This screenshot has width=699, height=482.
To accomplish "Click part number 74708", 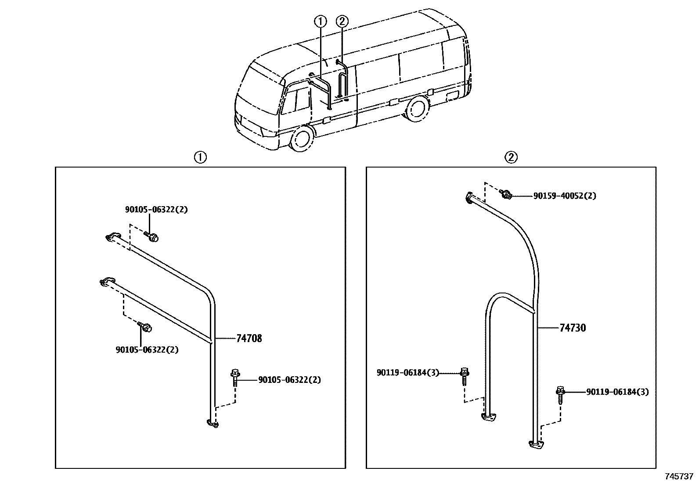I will pos(249,338).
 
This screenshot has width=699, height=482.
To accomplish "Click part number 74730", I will pos(573,328).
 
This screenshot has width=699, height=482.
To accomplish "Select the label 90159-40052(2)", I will pos(565,196).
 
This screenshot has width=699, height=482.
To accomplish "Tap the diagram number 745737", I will pos(678,476).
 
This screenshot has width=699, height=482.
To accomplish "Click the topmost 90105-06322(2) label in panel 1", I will pos(156,210).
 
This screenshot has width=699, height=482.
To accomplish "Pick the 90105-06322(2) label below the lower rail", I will pos(147,350).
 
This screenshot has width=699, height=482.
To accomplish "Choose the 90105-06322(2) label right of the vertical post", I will pos(289,380).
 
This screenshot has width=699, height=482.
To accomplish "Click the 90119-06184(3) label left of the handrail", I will pos(407,373).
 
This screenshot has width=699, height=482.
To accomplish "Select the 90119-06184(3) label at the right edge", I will pos(617,392).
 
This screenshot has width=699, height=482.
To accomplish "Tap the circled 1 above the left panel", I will pos(200,157).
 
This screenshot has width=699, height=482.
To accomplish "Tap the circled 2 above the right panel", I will pos(511,157).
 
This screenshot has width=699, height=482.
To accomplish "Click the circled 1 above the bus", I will pos(321,21).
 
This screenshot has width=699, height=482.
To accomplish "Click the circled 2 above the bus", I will pos(342,21).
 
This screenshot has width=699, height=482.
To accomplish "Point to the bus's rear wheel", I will pos(417,110).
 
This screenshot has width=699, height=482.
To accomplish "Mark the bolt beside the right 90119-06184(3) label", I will pos(560,394).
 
